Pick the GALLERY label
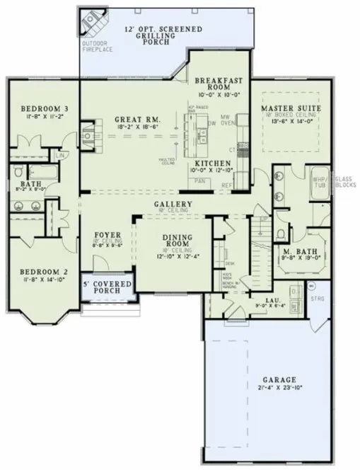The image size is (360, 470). [173, 204]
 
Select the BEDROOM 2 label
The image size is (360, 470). [38, 271]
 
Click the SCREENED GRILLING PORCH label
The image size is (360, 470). [163, 35]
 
